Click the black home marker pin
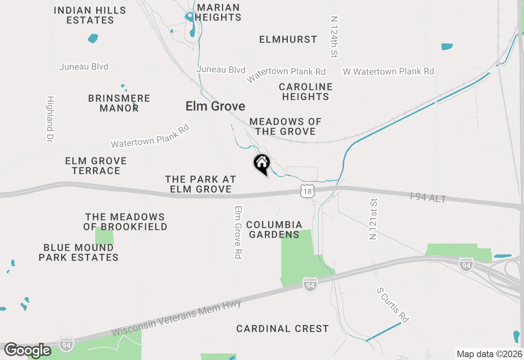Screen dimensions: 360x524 (x=262, y=164)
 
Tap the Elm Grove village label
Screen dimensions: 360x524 (x=215, y=106)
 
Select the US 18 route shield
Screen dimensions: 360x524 (x=307, y=191)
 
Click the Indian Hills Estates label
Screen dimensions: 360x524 (x=90, y=15)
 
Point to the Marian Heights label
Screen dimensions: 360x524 (x=218, y=12)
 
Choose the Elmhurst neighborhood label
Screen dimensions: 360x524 (x=288, y=39)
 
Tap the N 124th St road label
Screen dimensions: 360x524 (x=334, y=37)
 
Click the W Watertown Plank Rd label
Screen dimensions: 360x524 (x=388, y=72)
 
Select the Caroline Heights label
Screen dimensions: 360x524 (x=305, y=92)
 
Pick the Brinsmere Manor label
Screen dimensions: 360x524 (x=119, y=103)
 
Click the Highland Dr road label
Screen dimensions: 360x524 (x=50, y=119)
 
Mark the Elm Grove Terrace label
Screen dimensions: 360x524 (x=96, y=166)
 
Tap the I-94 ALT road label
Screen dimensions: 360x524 (x=428, y=198)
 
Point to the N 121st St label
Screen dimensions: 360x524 (x=373, y=220)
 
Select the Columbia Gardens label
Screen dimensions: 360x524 (x=274, y=229)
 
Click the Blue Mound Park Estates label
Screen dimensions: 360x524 (x=79, y=252)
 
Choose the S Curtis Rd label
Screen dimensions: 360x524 (x=393, y=305)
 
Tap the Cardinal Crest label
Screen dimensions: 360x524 (x=282, y=328)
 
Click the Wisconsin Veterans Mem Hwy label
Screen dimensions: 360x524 (x=176, y=319)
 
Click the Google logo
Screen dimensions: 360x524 (x=27, y=350)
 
